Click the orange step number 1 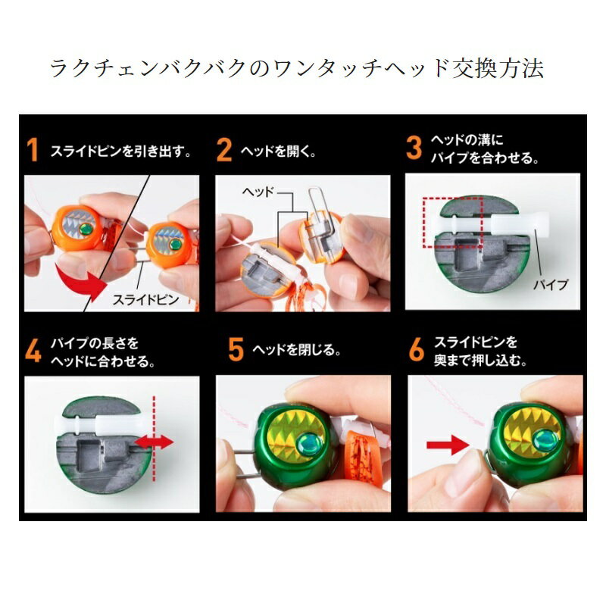pos(33,151)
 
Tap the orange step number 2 pos(224,151)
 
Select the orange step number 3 pos(414,147)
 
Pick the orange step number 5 pos(236,351)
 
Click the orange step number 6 pos(417,351)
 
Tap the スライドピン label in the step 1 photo pos(147,299)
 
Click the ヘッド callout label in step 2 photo pos(258,193)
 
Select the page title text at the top pos(297,67)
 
